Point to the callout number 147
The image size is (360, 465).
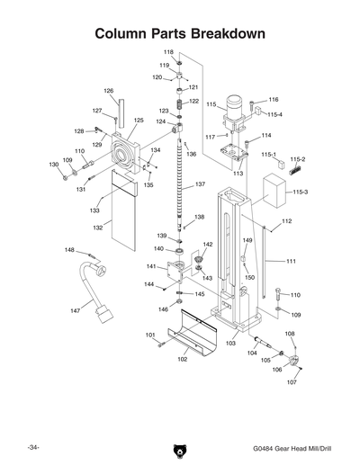click(75, 309)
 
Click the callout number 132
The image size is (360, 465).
click(97, 228)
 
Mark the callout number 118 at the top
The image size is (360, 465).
click(168, 53)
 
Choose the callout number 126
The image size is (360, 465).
click(108, 91)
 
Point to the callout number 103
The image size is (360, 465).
click(230, 343)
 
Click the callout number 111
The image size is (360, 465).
click(291, 261)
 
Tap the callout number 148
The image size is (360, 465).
click(69, 249)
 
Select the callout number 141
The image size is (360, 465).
click(151, 266)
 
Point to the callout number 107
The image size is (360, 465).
click(291, 381)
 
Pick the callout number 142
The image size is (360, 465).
click(207, 244)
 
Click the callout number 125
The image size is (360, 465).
click(139, 120)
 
